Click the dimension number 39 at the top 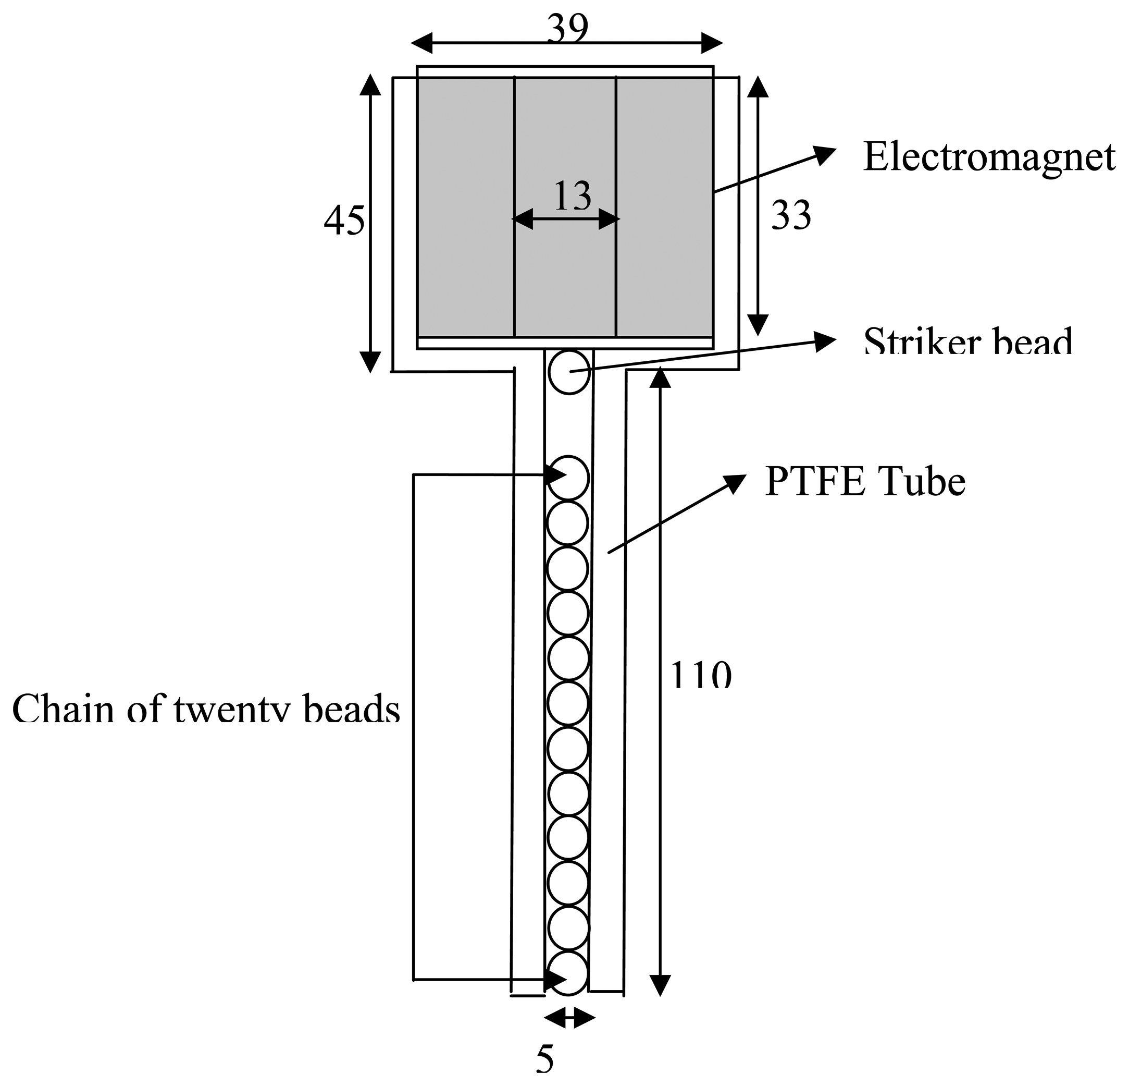[x=567, y=29]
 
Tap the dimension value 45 [x=344, y=222]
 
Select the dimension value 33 [x=791, y=216]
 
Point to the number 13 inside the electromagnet [x=572, y=197]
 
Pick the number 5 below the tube [x=545, y=1058]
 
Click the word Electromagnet [x=988, y=157]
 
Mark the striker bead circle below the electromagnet [x=569, y=372]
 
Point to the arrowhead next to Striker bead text [x=826, y=341]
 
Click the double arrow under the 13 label [x=566, y=219]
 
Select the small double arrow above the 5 [x=569, y=1017]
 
